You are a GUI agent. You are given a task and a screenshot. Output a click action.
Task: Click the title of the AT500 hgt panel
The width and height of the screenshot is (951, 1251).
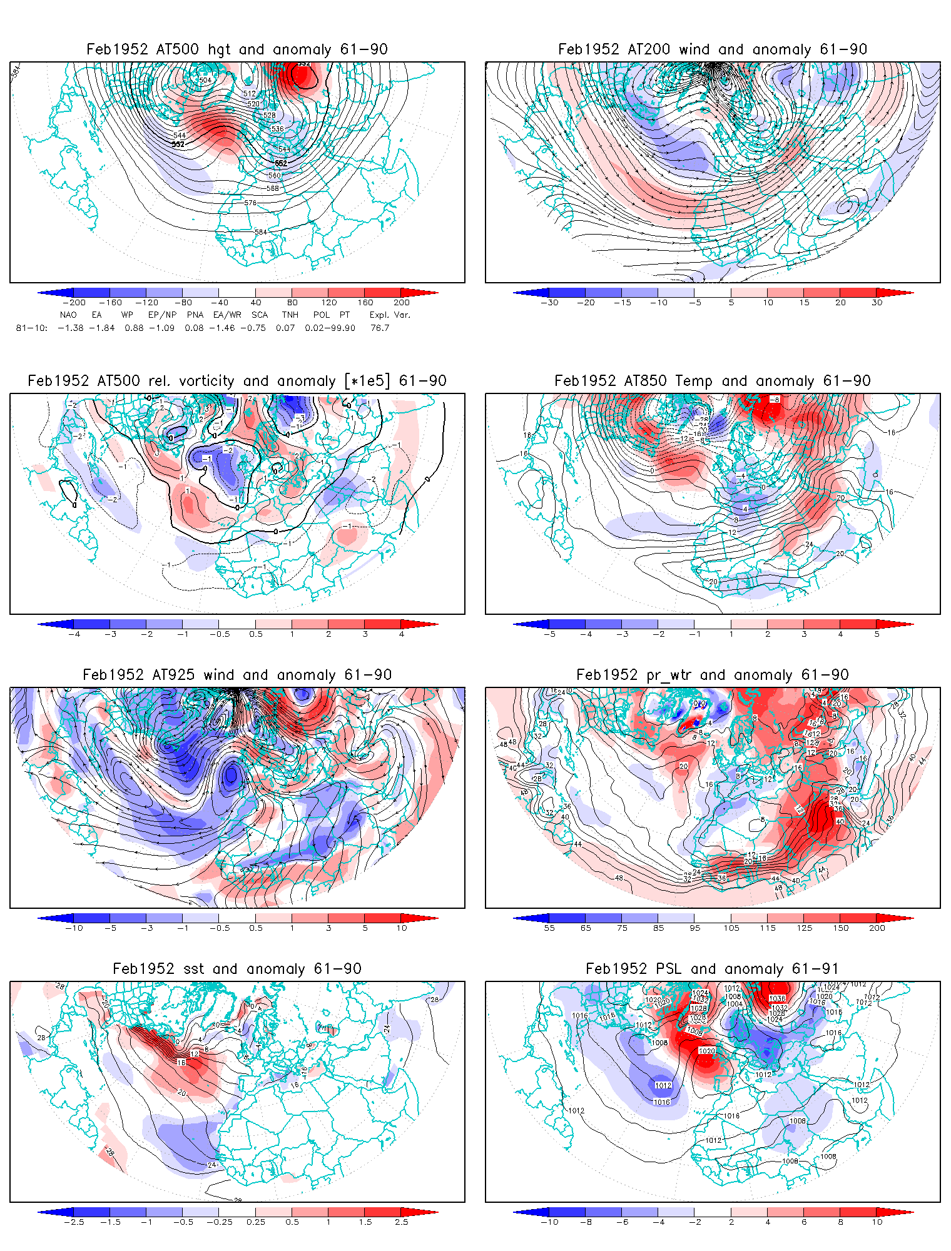point(236,49)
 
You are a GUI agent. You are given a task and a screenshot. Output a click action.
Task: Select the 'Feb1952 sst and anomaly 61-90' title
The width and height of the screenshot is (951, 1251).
point(236,969)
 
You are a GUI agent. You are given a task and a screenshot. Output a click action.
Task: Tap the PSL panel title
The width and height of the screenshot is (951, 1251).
point(712,969)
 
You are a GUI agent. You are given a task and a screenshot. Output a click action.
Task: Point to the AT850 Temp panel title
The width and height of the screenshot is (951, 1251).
point(712,381)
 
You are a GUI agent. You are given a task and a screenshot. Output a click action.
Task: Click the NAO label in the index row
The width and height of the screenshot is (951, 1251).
point(68,315)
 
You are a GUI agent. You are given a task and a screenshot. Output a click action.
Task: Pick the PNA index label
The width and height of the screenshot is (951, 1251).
point(195,315)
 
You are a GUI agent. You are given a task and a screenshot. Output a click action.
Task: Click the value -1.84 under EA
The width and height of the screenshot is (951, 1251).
point(101,328)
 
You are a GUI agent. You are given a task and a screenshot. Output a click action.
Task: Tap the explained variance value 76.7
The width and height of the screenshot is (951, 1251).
point(380,328)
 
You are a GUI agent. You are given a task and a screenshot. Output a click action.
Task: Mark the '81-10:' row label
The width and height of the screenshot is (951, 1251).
point(31,328)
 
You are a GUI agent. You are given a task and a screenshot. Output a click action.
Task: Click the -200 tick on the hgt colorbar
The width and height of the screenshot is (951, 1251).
point(74,303)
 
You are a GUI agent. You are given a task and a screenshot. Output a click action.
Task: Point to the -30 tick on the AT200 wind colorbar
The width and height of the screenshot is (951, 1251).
point(549,303)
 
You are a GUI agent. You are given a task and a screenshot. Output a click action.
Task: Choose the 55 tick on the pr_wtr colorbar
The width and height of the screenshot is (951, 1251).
point(549,928)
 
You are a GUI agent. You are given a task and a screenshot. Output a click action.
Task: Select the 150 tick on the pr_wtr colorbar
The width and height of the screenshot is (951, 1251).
point(840,928)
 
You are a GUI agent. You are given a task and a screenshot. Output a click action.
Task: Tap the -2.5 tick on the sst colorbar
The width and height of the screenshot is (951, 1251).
point(74,1222)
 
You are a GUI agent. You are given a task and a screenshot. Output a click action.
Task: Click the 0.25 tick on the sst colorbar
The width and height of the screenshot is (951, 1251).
point(256,1222)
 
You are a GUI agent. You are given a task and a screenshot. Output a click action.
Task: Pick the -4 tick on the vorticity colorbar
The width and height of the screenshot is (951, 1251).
point(74,634)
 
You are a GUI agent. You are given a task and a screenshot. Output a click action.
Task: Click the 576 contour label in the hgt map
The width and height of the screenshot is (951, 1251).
point(250,203)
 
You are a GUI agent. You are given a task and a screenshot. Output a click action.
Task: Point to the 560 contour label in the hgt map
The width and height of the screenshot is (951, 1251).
point(274,176)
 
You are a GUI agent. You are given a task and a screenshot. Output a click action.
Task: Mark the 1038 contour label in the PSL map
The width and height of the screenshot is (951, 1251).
point(777,998)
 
